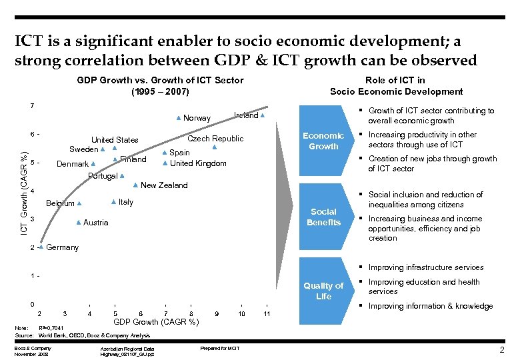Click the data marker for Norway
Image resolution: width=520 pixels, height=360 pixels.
[179, 118]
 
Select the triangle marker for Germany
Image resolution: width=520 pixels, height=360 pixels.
[41, 247]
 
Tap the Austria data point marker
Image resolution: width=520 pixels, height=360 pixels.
[79, 222]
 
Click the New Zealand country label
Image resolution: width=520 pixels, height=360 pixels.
[164, 185]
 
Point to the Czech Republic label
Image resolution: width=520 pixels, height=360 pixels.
[215, 139]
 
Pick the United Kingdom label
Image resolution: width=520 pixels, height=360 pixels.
[198, 163]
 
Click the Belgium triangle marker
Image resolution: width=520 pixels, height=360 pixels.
[79, 203]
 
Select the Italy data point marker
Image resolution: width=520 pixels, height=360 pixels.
[113, 201]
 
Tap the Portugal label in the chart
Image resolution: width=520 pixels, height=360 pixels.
[103, 176]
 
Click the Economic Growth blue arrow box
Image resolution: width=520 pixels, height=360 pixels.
[323, 141]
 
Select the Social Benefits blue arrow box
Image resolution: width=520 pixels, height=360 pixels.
[323, 217]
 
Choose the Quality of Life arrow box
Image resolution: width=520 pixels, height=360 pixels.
[323, 291]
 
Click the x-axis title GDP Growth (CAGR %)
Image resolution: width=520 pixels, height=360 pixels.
[157, 322]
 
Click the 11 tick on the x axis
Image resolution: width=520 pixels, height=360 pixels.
[266, 314]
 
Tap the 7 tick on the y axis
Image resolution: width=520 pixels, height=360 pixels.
[32, 105]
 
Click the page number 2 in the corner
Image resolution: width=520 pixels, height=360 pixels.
[501, 350]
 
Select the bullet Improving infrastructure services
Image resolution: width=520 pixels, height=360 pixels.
[426, 267]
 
